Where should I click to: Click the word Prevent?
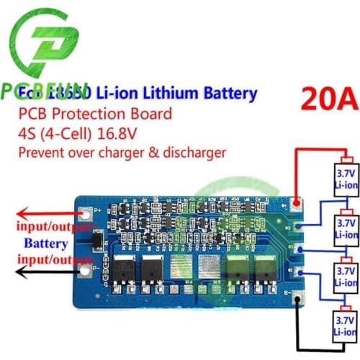pyautogui.click(x=40, y=152)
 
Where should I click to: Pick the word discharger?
pyautogui.click(x=195, y=152)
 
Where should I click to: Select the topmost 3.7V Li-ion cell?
pyautogui.click(x=343, y=176)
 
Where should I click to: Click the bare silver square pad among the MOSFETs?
pyautogui.click(x=206, y=268)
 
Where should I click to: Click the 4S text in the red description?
pyautogui.click(x=27, y=132)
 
